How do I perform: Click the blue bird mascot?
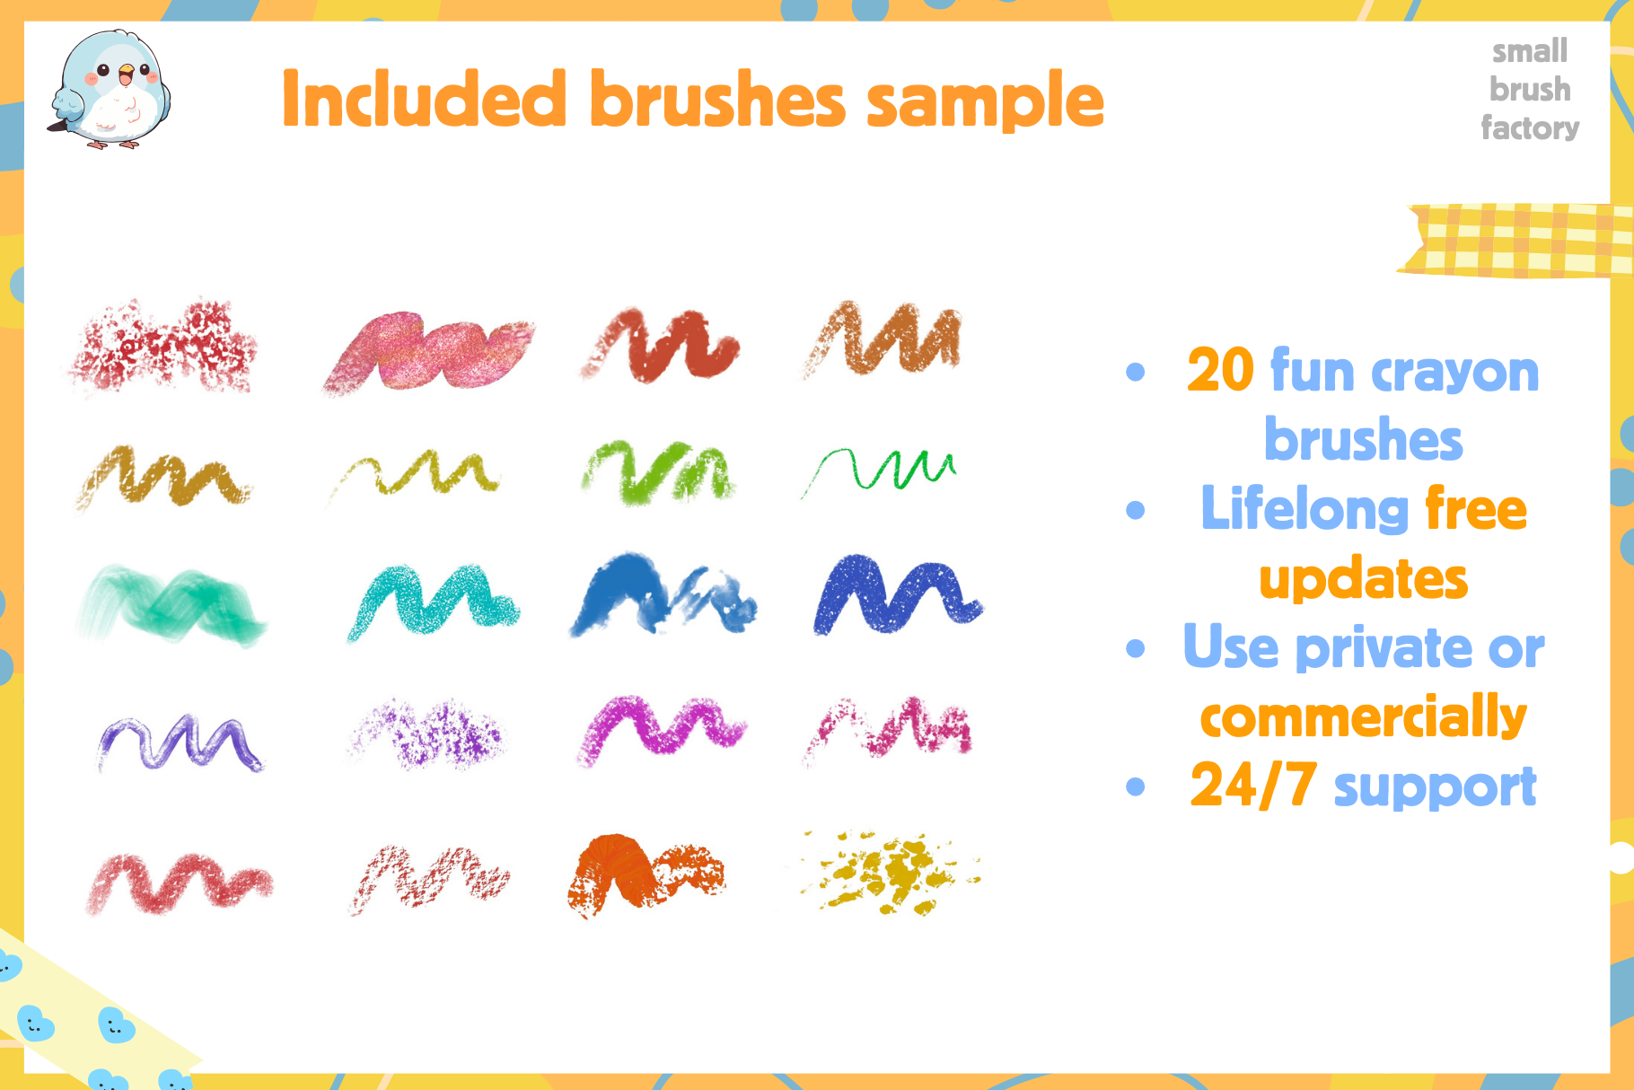110,90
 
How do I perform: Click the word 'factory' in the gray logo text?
1530,127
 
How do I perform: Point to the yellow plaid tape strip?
1517,240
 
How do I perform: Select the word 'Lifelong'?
1305,509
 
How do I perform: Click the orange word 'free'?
1475,509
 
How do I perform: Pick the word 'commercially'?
1363,717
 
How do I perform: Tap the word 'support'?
1435,788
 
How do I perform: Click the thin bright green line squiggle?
880,470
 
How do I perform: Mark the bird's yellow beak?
127,71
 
